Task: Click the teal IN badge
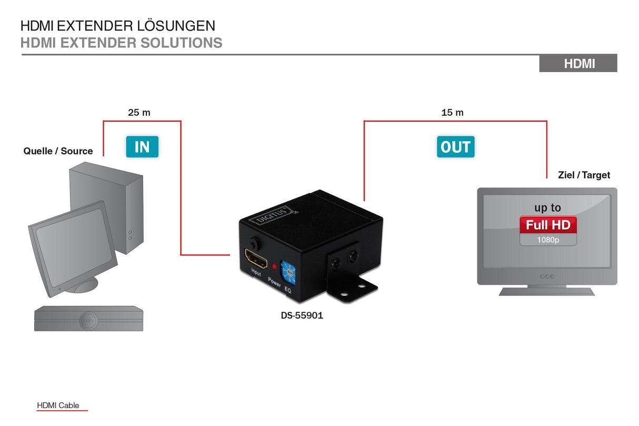[x=142, y=147]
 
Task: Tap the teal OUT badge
[x=455, y=147]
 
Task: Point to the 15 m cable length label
[x=452, y=112]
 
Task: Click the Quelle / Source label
[x=58, y=151]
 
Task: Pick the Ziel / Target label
[x=584, y=175]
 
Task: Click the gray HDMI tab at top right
[x=578, y=64]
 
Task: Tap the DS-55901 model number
[x=302, y=316]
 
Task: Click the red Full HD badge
[x=548, y=225]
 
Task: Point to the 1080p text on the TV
[x=548, y=240]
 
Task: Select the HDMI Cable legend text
[x=58, y=405]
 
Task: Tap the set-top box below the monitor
[x=88, y=319]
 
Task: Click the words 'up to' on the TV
[x=548, y=208]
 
